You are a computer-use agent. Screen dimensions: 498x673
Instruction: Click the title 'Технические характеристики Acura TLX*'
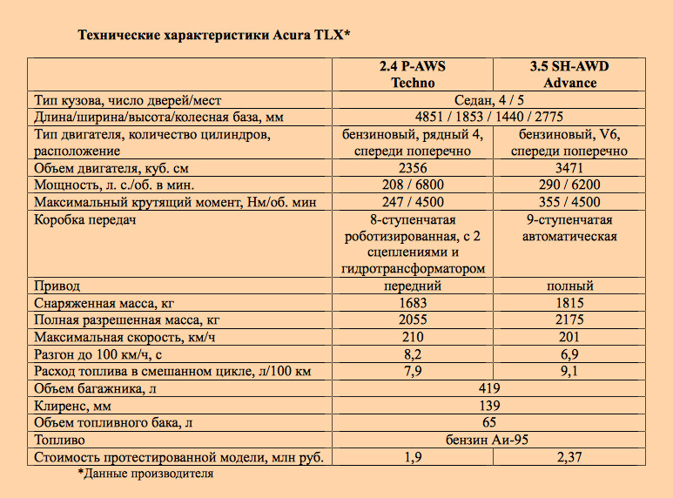click(x=213, y=36)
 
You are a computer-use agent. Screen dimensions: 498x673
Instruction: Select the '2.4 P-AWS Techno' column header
click(x=414, y=75)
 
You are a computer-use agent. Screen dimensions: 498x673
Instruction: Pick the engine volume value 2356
click(x=414, y=168)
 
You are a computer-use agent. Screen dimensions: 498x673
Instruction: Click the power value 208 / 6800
click(x=414, y=185)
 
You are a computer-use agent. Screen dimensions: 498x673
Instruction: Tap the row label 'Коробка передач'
click(x=85, y=219)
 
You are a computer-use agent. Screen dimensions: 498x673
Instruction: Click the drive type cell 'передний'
click(x=414, y=286)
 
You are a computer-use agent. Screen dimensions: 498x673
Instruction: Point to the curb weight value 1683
click(x=414, y=303)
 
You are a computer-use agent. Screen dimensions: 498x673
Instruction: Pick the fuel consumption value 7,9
click(x=414, y=372)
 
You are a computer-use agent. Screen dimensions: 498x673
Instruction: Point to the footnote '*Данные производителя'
click(x=145, y=474)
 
